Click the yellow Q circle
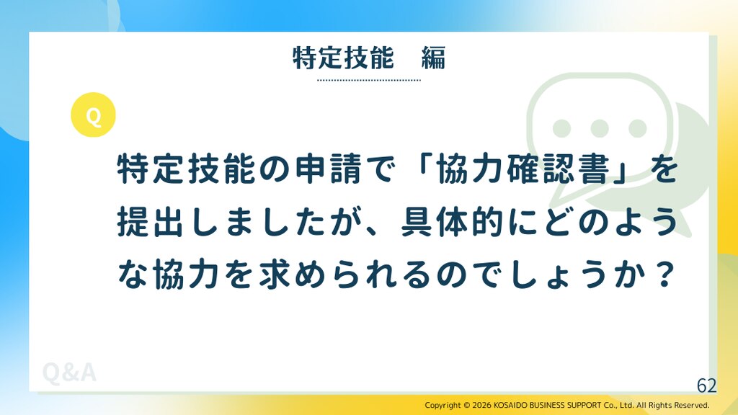pos(93,115)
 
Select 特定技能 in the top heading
pos(343,58)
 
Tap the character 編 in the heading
pos(433,58)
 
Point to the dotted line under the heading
pos(369,80)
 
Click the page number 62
pos(706,385)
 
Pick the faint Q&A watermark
pos(69,372)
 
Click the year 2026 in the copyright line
pos(481,405)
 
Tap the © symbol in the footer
pos(466,405)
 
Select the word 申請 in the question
pos(329,169)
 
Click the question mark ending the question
pos(664,275)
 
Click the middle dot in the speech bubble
pos(599,128)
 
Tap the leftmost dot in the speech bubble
pos(561,128)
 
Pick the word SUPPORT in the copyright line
pos(584,405)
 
